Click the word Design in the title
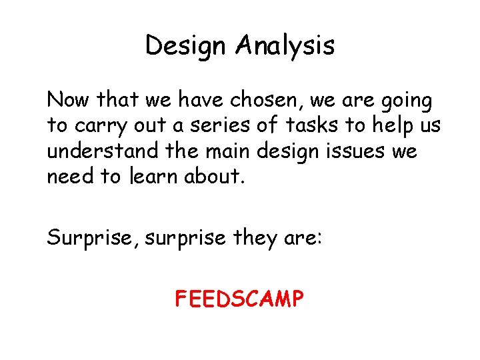pos(186,46)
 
